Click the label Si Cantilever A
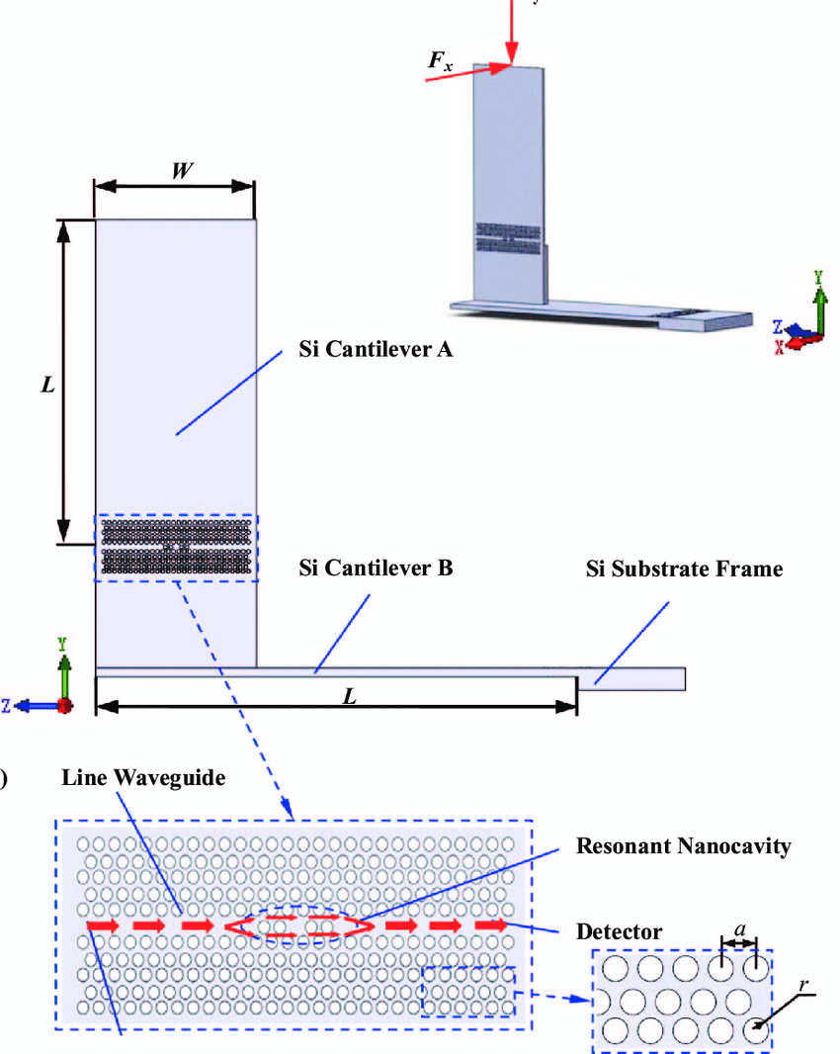[x=376, y=349]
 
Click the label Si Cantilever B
[x=376, y=569]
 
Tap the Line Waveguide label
[x=143, y=777]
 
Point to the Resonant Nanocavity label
[x=683, y=846]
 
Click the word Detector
[x=619, y=931]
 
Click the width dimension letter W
[x=181, y=170]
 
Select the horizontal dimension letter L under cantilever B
[x=349, y=696]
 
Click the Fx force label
[x=441, y=61]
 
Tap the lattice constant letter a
[x=739, y=928]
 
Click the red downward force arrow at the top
[x=511, y=30]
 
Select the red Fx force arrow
[x=464, y=71]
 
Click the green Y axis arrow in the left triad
[x=64, y=672]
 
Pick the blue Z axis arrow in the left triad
[x=38, y=705]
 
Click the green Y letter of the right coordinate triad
[x=818, y=278]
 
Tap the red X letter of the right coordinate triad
[x=781, y=348]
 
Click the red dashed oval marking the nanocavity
[x=296, y=925]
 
